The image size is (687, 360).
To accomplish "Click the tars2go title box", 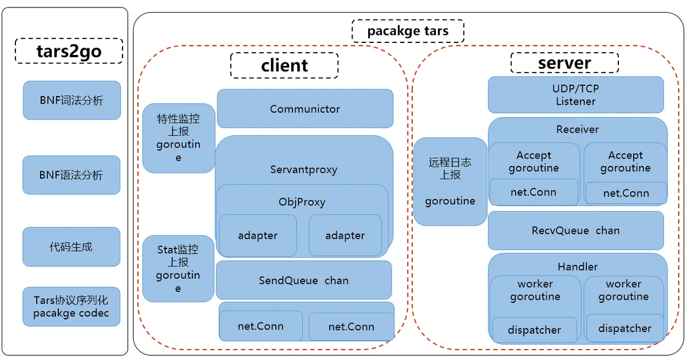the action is click(x=69, y=51).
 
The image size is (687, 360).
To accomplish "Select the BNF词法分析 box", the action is click(x=72, y=100).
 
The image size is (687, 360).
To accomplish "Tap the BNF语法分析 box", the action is click(x=71, y=175).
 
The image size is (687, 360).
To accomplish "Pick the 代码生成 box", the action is click(x=71, y=247).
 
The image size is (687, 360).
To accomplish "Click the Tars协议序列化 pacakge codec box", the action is click(x=71, y=307).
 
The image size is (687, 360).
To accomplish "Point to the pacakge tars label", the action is click(x=408, y=31).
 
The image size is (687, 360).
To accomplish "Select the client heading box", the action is click(x=285, y=65).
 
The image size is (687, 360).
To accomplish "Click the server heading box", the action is click(x=564, y=63).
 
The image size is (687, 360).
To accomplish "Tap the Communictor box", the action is click(x=305, y=109).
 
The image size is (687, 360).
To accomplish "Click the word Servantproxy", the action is click(x=303, y=169).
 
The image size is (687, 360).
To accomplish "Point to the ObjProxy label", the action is click(x=302, y=202).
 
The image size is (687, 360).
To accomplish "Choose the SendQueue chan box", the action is click(x=303, y=280).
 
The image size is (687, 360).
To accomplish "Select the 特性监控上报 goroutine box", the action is click(x=179, y=138).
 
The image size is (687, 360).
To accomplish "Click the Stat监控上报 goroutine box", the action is click(x=178, y=268).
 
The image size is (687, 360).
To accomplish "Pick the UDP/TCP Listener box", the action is click(x=576, y=95).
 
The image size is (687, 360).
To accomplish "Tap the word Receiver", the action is click(x=578, y=129).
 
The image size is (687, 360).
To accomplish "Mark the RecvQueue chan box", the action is click(x=576, y=231).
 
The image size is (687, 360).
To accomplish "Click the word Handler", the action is click(x=578, y=267).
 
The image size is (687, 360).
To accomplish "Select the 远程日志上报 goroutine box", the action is click(x=450, y=181).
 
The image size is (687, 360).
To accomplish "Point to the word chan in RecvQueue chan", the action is click(x=607, y=231).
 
